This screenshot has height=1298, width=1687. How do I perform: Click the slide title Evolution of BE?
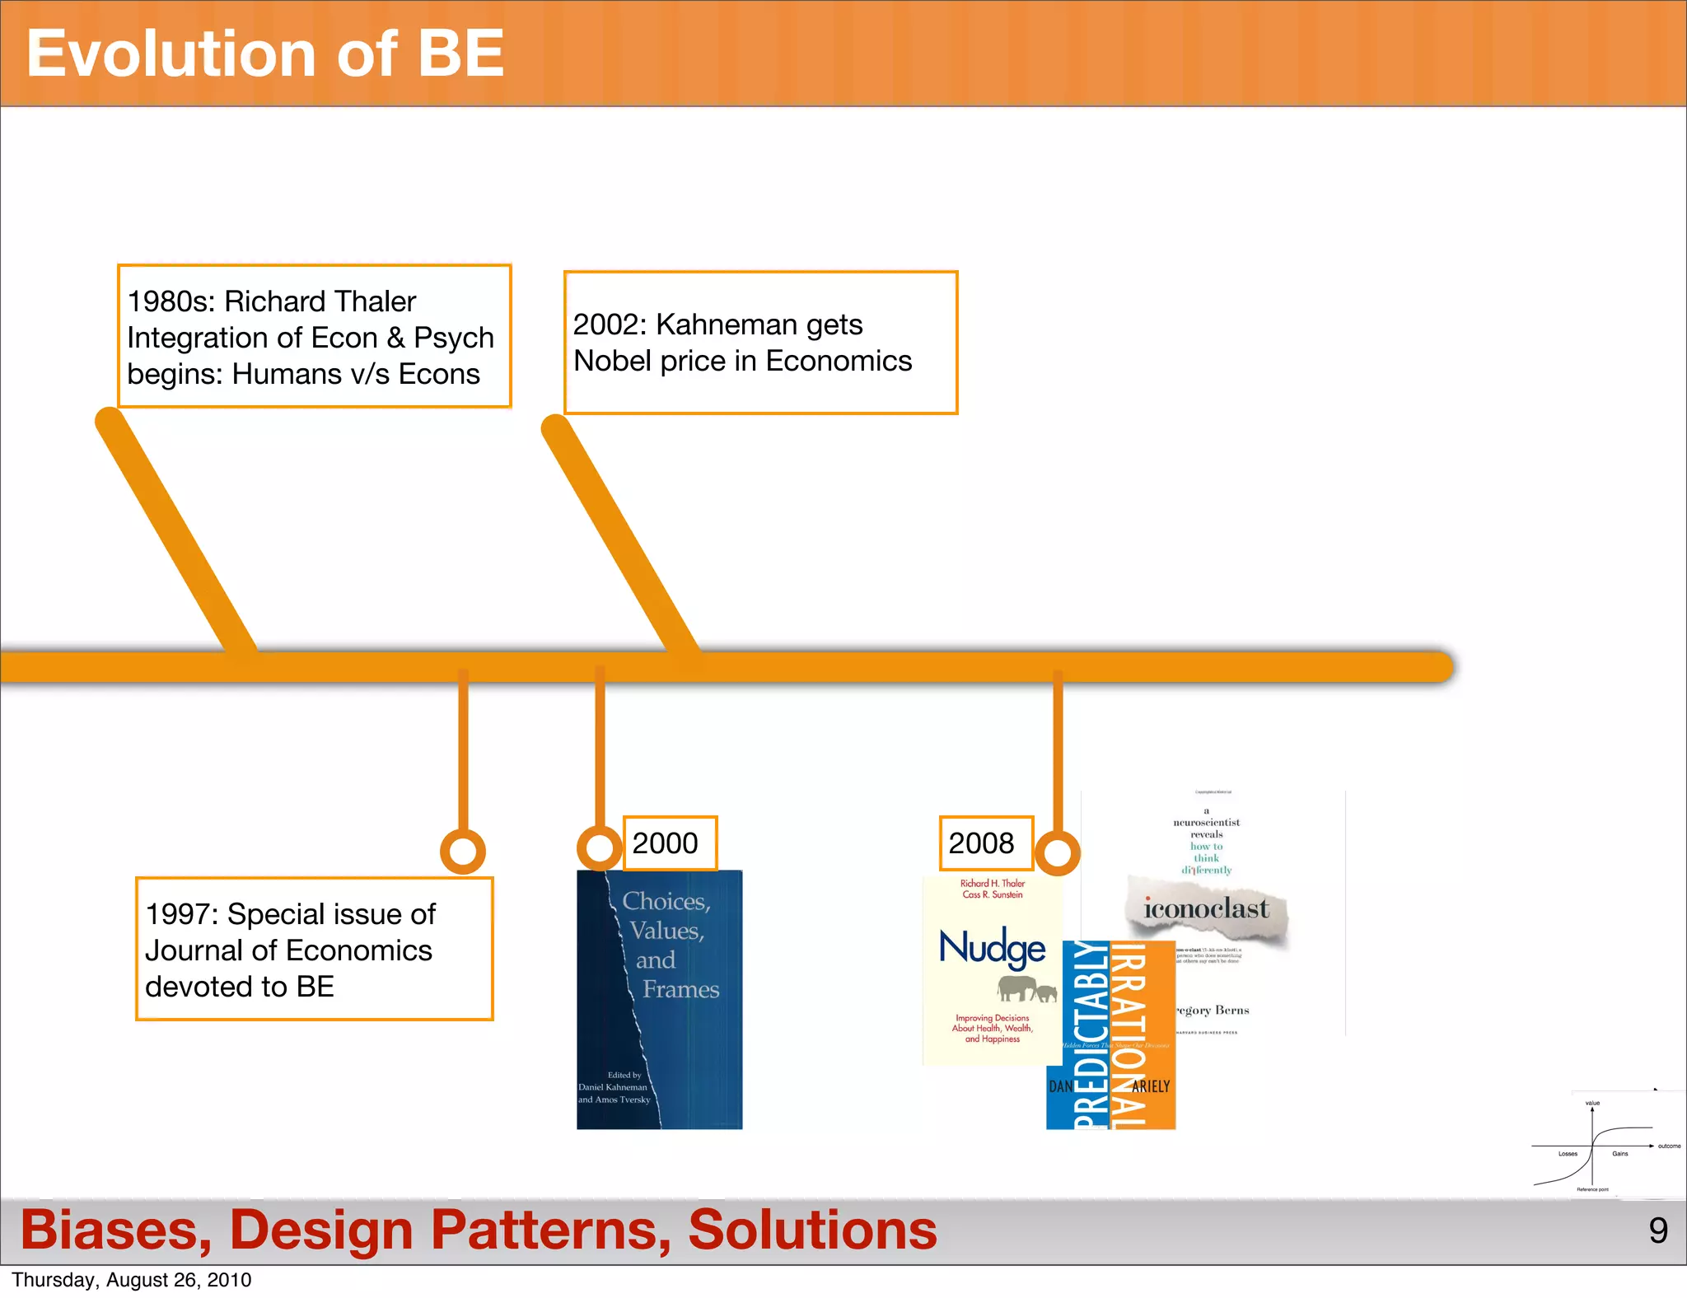[x=264, y=54]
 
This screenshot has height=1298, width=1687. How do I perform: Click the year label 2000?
[x=666, y=843]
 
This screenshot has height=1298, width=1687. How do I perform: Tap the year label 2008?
[x=981, y=843]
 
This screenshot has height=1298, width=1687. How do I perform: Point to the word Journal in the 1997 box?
[x=194, y=950]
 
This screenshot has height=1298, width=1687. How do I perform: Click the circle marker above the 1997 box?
[x=463, y=851]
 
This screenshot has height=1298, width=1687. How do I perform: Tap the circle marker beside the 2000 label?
[x=599, y=847]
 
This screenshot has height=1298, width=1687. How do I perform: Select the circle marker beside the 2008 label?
[x=1057, y=852]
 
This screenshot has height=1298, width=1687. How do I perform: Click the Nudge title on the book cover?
[x=992, y=947]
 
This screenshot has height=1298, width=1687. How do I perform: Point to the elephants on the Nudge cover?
[x=1026, y=988]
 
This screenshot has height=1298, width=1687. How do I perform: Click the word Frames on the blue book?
[x=680, y=989]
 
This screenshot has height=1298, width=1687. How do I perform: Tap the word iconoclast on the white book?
[x=1206, y=908]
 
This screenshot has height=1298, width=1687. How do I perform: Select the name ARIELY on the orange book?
[x=1151, y=1086]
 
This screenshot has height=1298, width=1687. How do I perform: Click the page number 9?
[x=1658, y=1230]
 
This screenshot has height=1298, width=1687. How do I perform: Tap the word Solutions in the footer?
[x=812, y=1230]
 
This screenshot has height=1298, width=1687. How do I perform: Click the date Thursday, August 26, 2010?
[x=132, y=1280]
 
